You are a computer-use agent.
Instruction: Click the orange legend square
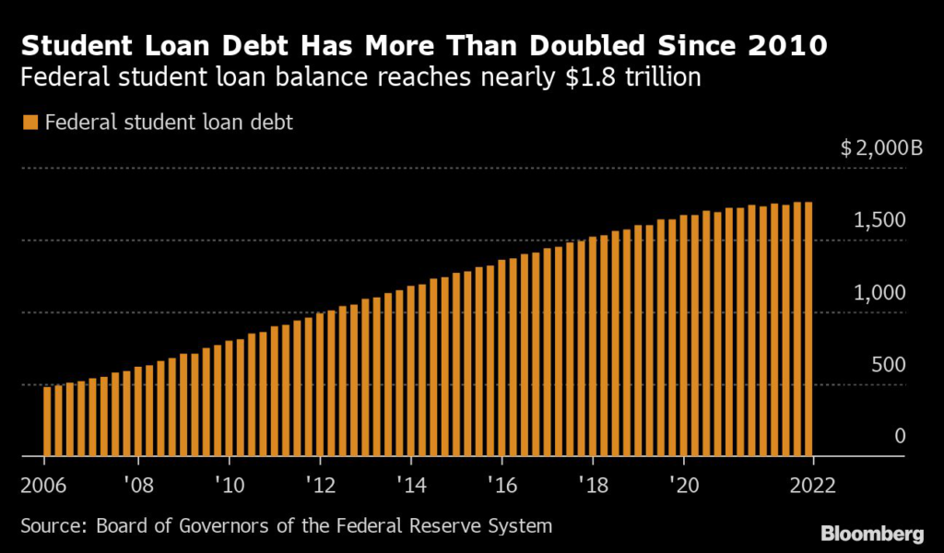29,123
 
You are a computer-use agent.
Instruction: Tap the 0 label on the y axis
900,436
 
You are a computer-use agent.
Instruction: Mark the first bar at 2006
47,421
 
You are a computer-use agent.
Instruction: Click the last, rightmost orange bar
808,329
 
